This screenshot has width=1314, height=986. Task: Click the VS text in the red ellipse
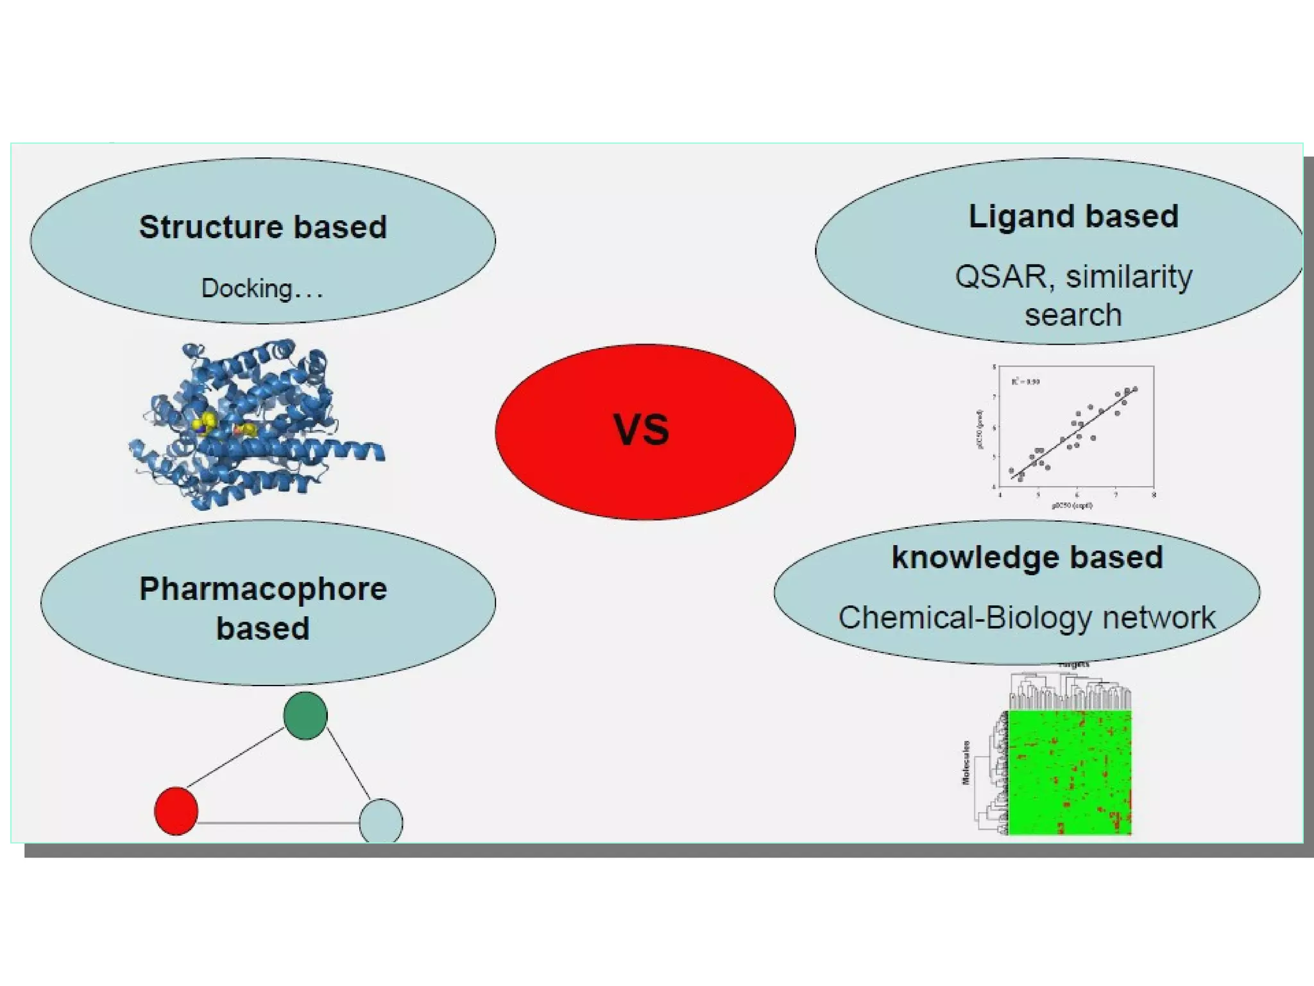point(641,430)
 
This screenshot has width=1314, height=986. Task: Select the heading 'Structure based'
point(263,227)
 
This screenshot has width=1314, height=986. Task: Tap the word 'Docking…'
point(262,288)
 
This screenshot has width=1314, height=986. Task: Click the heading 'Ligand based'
point(1073,216)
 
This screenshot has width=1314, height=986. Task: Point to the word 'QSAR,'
point(1004,277)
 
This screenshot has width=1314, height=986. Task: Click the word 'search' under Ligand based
point(1073,315)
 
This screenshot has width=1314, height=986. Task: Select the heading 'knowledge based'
point(1027,557)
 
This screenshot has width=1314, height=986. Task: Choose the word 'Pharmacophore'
point(263,589)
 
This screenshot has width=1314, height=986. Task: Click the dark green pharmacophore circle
point(305,715)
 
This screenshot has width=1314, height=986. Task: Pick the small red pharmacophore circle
point(176,811)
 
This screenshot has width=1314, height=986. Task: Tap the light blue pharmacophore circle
point(381,821)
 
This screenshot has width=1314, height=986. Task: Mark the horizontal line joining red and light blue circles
point(278,823)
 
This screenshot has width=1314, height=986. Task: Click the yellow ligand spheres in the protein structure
point(207,424)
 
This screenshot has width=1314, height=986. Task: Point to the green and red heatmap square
point(1070,772)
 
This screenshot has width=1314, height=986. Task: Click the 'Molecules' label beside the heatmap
point(966,763)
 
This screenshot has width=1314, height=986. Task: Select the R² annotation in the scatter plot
point(1025,382)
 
